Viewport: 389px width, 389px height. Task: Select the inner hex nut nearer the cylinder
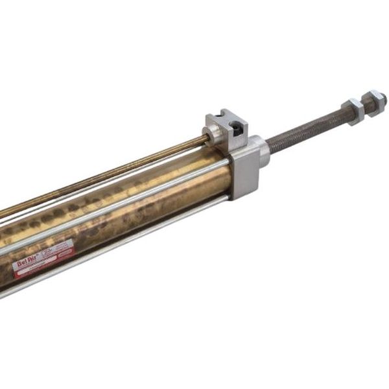355,111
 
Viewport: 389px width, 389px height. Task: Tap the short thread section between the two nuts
364,107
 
